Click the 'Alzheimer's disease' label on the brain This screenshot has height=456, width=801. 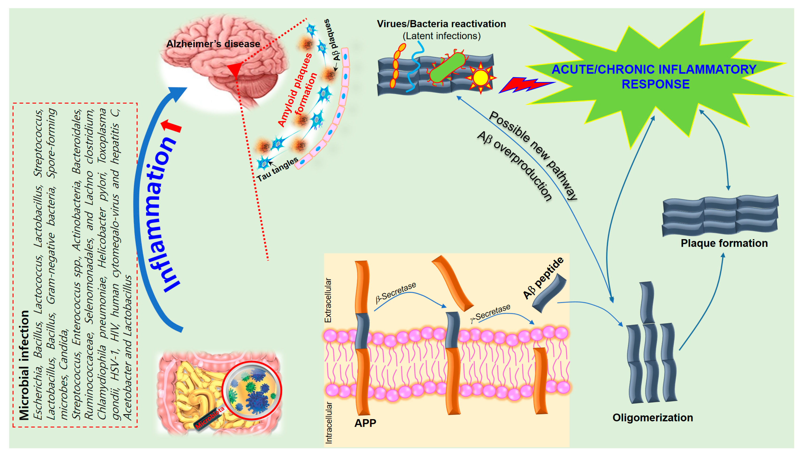[x=213, y=44]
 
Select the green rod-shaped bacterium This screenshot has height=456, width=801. [x=447, y=67]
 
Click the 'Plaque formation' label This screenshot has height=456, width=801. [x=724, y=243]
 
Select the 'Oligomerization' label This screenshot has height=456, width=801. [x=652, y=417]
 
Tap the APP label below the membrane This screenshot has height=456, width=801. [x=365, y=423]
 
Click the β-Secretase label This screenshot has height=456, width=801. [x=396, y=292]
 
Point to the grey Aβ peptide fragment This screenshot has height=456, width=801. [x=549, y=293]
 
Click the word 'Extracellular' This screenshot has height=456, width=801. [x=328, y=300]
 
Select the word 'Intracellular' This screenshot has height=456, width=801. [x=328, y=423]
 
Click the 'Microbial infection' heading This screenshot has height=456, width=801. [x=24, y=365]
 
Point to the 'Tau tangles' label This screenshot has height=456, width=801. [x=277, y=169]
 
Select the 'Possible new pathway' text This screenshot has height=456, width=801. [x=533, y=155]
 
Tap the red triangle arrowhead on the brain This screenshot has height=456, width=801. [x=235, y=70]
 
